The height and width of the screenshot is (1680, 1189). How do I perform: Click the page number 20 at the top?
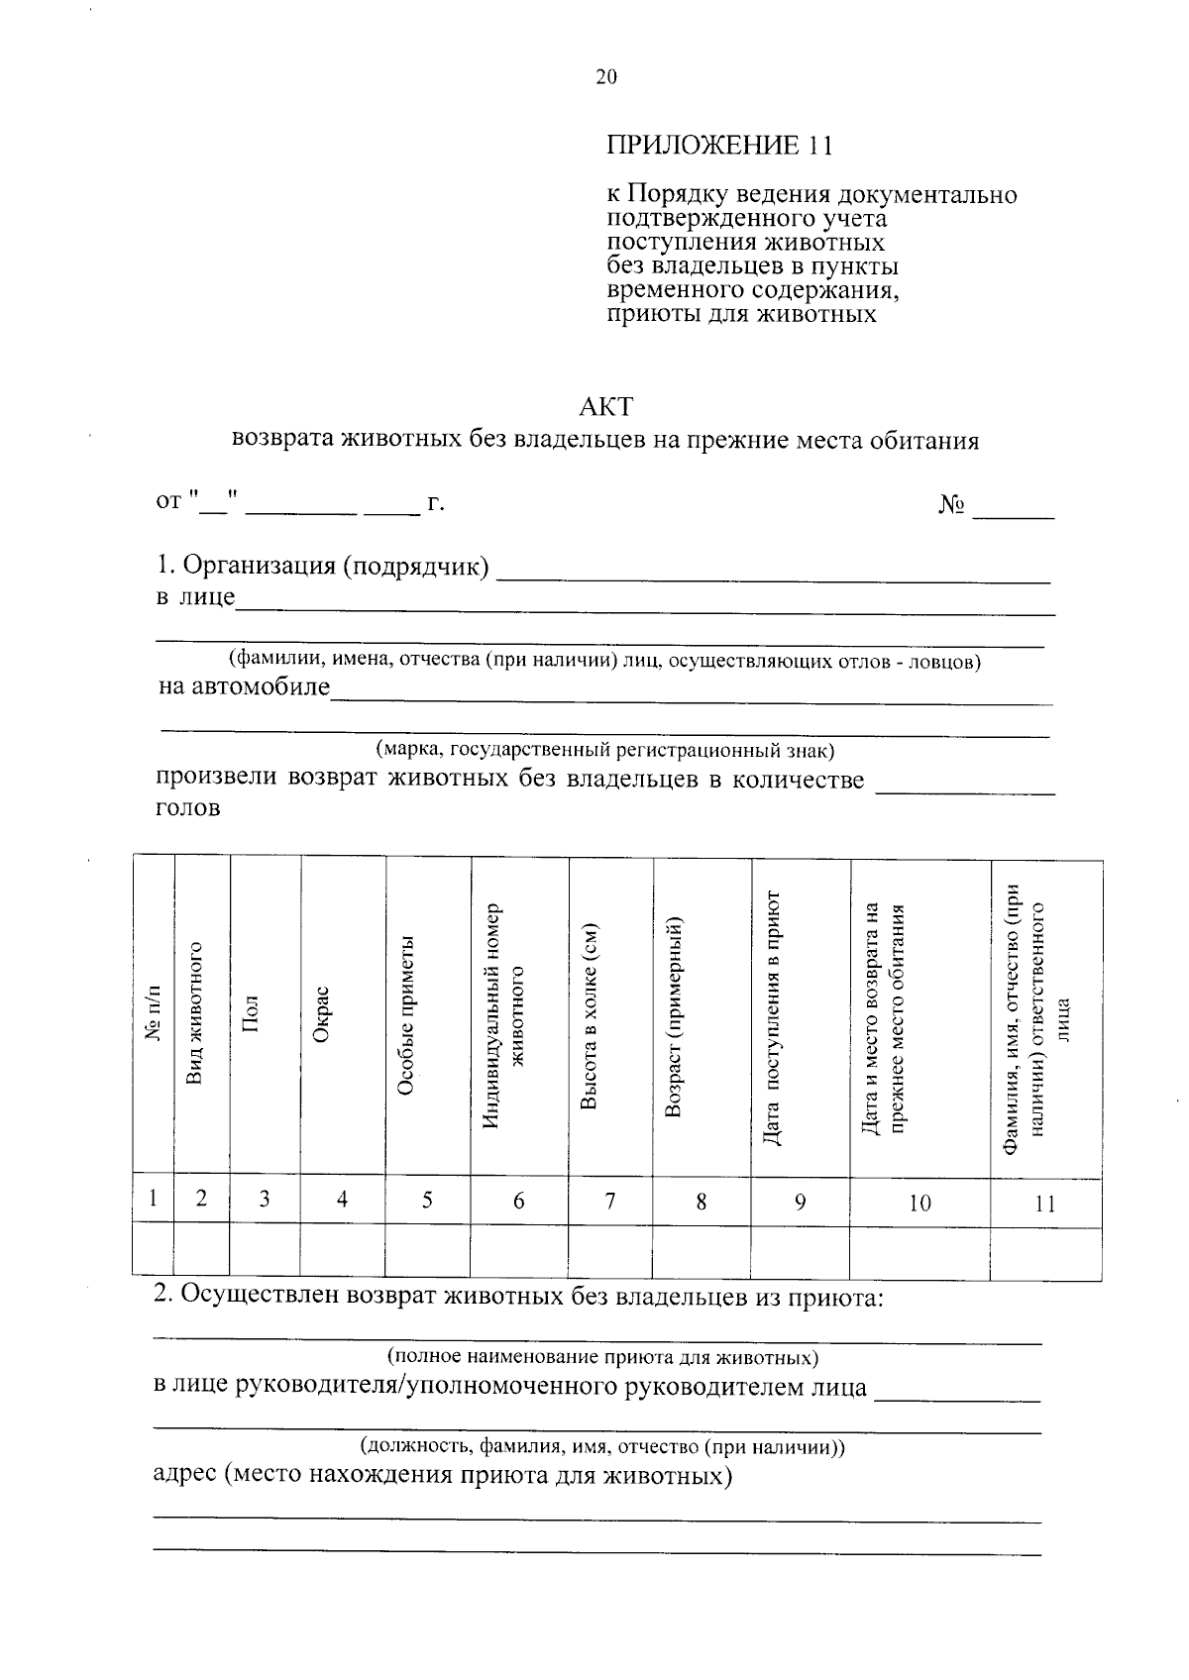[x=605, y=77]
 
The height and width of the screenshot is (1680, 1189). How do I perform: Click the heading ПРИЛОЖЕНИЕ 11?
[x=719, y=146]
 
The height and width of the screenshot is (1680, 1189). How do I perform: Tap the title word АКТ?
[x=605, y=407]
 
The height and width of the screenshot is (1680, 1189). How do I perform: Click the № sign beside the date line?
[x=951, y=505]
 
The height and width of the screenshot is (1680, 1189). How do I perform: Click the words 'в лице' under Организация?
[x=195, y=597]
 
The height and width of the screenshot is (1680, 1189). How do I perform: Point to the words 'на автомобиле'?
[x=244, y=686]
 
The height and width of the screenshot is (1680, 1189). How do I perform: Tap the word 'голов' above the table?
[x=187, y=808]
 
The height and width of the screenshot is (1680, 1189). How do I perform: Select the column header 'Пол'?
[x=250, y=1015]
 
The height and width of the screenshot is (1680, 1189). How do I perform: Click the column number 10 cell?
[x=919, y=1203]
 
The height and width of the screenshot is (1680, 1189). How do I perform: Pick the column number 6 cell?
[x=518, y=1202]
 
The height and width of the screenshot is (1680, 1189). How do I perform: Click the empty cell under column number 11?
[x=1045, y=1253]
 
